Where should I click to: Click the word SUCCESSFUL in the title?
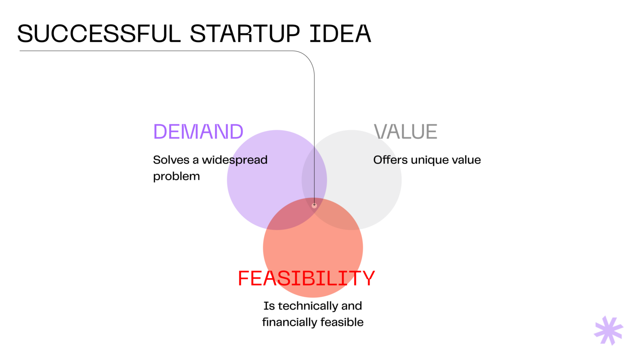click(99, 34)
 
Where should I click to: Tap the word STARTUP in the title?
click(245, 34)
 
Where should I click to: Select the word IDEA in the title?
click(340, 34)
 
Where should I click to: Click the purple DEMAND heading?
click(198, 132)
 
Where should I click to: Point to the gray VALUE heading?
click(405, 132)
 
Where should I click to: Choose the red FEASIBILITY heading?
click(306, 278)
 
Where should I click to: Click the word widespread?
click(235, 160)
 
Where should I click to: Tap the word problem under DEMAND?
click(176, 176)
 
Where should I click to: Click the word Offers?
click(390, 160)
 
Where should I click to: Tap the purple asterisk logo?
click(608, 330)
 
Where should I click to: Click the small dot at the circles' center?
click(314, 205)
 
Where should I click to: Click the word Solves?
click(171, 160)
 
